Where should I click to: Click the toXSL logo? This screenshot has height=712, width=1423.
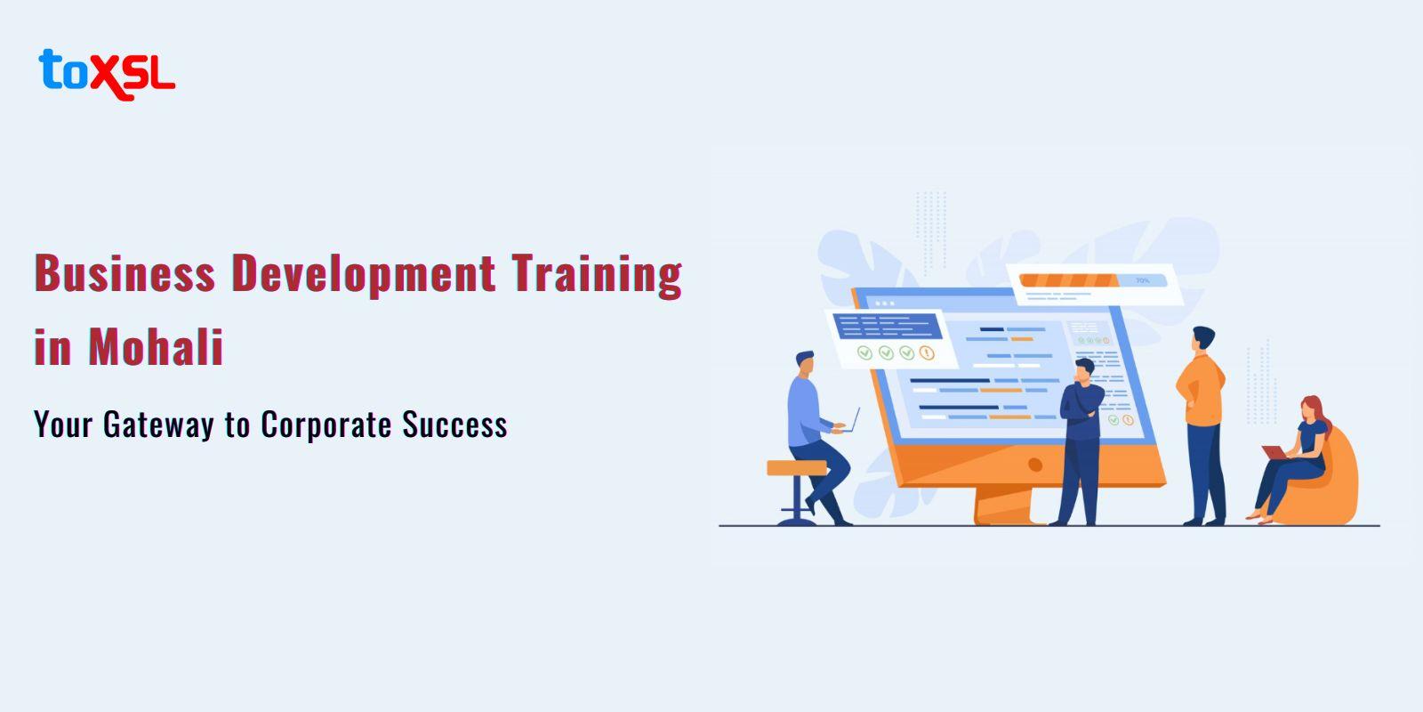click(107, 75)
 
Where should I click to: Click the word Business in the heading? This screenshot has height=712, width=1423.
click(125, 273)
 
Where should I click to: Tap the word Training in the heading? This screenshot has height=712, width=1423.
click(597, 275)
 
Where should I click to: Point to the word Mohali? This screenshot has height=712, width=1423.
click(156, 347)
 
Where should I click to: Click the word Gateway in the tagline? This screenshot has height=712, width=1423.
click(159, 425)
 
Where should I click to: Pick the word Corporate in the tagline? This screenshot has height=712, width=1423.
click(326, 425)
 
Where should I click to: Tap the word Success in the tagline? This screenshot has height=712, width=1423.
click(454, 425)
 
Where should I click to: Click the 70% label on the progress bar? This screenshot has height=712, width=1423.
click(1142, 280)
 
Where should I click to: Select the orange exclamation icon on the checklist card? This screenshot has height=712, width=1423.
click(927, 352)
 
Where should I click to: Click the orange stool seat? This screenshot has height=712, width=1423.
click(797, 468)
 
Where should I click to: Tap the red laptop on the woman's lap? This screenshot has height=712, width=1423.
click(1274, 452)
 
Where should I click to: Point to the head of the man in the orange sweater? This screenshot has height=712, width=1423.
click(1202, 337)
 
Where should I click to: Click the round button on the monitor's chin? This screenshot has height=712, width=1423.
click(1035, 465)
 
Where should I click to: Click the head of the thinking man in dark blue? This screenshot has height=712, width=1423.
click(1084, 369)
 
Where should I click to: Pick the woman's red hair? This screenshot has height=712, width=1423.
click(1316, 412)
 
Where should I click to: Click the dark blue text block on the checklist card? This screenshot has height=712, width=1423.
click(887, 326)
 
